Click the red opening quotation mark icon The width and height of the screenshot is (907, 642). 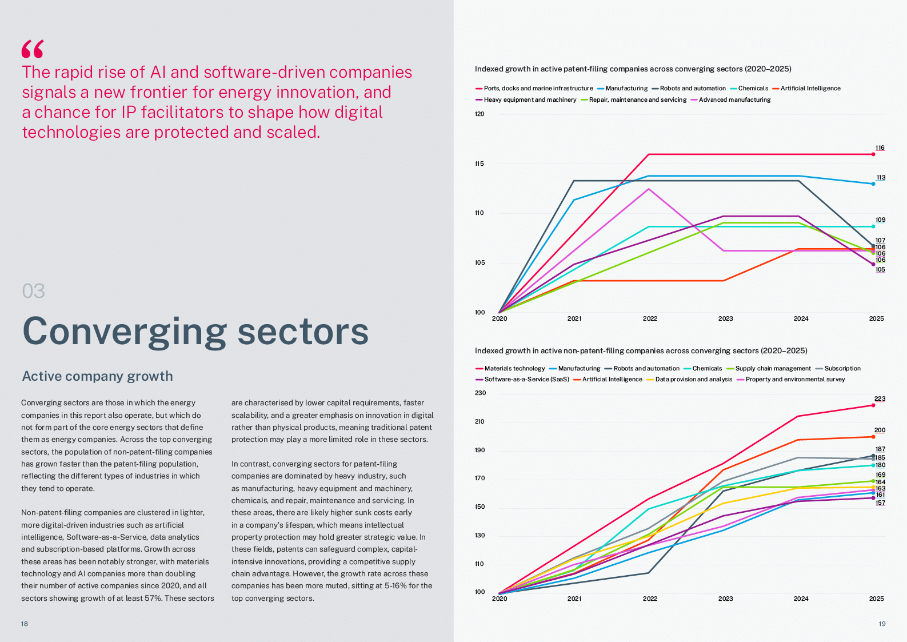coord(33,49)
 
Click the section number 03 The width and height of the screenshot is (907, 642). coord(33,291)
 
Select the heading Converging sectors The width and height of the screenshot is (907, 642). coord(195,332)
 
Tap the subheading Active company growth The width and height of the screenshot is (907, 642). coord(97,376)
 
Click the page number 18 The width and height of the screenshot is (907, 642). coord(25,624)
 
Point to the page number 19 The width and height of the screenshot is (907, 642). coord(882,624)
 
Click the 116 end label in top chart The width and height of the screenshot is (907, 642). coord(880,148)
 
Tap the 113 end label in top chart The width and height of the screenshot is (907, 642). coord(881,178)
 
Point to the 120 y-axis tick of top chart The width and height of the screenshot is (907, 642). coord(480,114)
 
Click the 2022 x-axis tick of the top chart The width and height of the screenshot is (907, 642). coord(650,319)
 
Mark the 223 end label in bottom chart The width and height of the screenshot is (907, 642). coord(880,399)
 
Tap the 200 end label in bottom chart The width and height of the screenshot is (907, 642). coord(880,430)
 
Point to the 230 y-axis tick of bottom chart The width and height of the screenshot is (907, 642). coord(480,393)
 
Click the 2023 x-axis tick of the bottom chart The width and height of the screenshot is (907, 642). coord(725,599)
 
